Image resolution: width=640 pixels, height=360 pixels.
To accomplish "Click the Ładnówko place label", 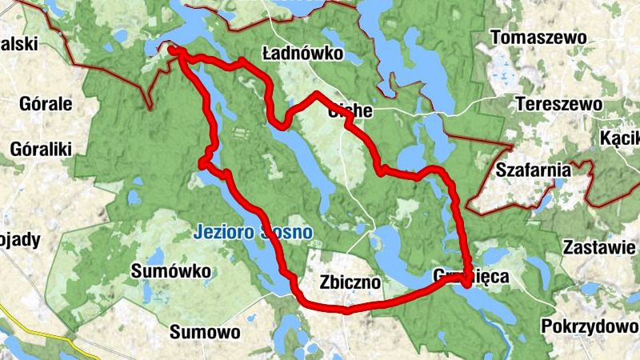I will [302, 54].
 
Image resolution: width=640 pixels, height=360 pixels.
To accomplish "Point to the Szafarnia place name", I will [533, 170].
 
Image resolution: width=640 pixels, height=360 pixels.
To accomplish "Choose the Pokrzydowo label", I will [590, 326].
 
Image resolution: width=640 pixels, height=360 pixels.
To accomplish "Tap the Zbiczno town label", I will [350, 283].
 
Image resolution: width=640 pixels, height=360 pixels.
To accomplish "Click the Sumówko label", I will [170, 269].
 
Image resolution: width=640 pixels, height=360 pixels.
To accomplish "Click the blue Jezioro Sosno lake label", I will [253, 233].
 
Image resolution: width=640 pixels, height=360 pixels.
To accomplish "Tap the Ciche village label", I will [350, 111].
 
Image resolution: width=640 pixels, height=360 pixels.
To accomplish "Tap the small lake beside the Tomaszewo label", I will [503, 71].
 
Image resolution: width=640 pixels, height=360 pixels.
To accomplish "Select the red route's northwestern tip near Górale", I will [174, 52].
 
